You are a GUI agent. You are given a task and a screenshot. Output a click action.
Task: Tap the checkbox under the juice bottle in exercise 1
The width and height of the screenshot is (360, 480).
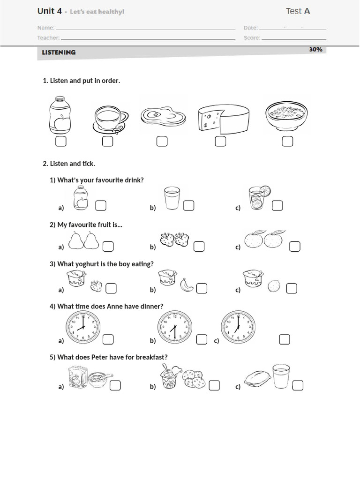(x=60, y=141)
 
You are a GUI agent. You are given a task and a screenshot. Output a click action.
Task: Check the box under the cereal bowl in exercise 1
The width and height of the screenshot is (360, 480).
(x=287, y=141)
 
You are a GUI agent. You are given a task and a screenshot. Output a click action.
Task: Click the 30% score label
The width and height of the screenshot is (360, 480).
(x=315, y=49)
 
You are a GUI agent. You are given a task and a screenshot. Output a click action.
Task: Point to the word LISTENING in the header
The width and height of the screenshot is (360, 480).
(x=59, y=52)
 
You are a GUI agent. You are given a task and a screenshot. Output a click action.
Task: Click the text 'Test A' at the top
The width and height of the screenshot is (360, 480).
(x=298, y=11)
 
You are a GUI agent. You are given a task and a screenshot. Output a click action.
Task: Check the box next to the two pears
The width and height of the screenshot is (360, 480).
(x=108, y=246)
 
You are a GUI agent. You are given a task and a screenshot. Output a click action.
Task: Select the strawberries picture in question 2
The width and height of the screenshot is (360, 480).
(x=174, y=239)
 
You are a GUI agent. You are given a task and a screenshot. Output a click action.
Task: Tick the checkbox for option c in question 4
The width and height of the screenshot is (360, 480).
(x=284, y=339)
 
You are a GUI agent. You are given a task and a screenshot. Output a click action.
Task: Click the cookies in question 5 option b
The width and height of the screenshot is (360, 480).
(x=194, y=378)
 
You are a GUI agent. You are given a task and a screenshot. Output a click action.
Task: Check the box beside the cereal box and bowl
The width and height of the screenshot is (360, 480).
(x=115, y=385)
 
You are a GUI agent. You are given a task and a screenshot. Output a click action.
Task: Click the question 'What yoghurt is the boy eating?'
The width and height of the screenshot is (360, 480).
(x=102, y=264)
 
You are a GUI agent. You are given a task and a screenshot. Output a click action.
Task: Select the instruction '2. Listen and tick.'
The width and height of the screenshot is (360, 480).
(x=69, y=164)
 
